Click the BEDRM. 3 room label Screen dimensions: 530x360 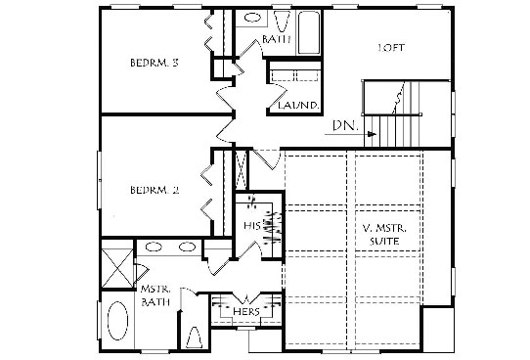(155, 63)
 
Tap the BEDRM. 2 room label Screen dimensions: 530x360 (155, 190)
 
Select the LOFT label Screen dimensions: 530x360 (391, 48)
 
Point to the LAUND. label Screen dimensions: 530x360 (298, 105)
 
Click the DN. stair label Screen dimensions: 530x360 (345, 126)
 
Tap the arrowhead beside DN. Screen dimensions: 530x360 (373, 134)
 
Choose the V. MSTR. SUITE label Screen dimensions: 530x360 (384, 235)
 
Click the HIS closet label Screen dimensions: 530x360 (252, 225)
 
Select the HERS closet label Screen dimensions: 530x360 (246, 312)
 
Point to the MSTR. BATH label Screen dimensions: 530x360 (155, 295)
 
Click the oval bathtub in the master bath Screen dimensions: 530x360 (117, 321)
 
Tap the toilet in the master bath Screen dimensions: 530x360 (195, 337)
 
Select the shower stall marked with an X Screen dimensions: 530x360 (118, 268)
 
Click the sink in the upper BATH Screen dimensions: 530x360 (252, 18)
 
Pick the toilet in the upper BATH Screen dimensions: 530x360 (282, 22)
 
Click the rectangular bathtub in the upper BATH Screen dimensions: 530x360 (309, 32)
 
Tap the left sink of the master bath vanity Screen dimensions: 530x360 (154, 247)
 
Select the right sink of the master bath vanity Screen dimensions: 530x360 (187, 247)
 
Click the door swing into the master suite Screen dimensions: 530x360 (267, 158)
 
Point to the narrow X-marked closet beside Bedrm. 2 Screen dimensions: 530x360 (242, 169)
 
